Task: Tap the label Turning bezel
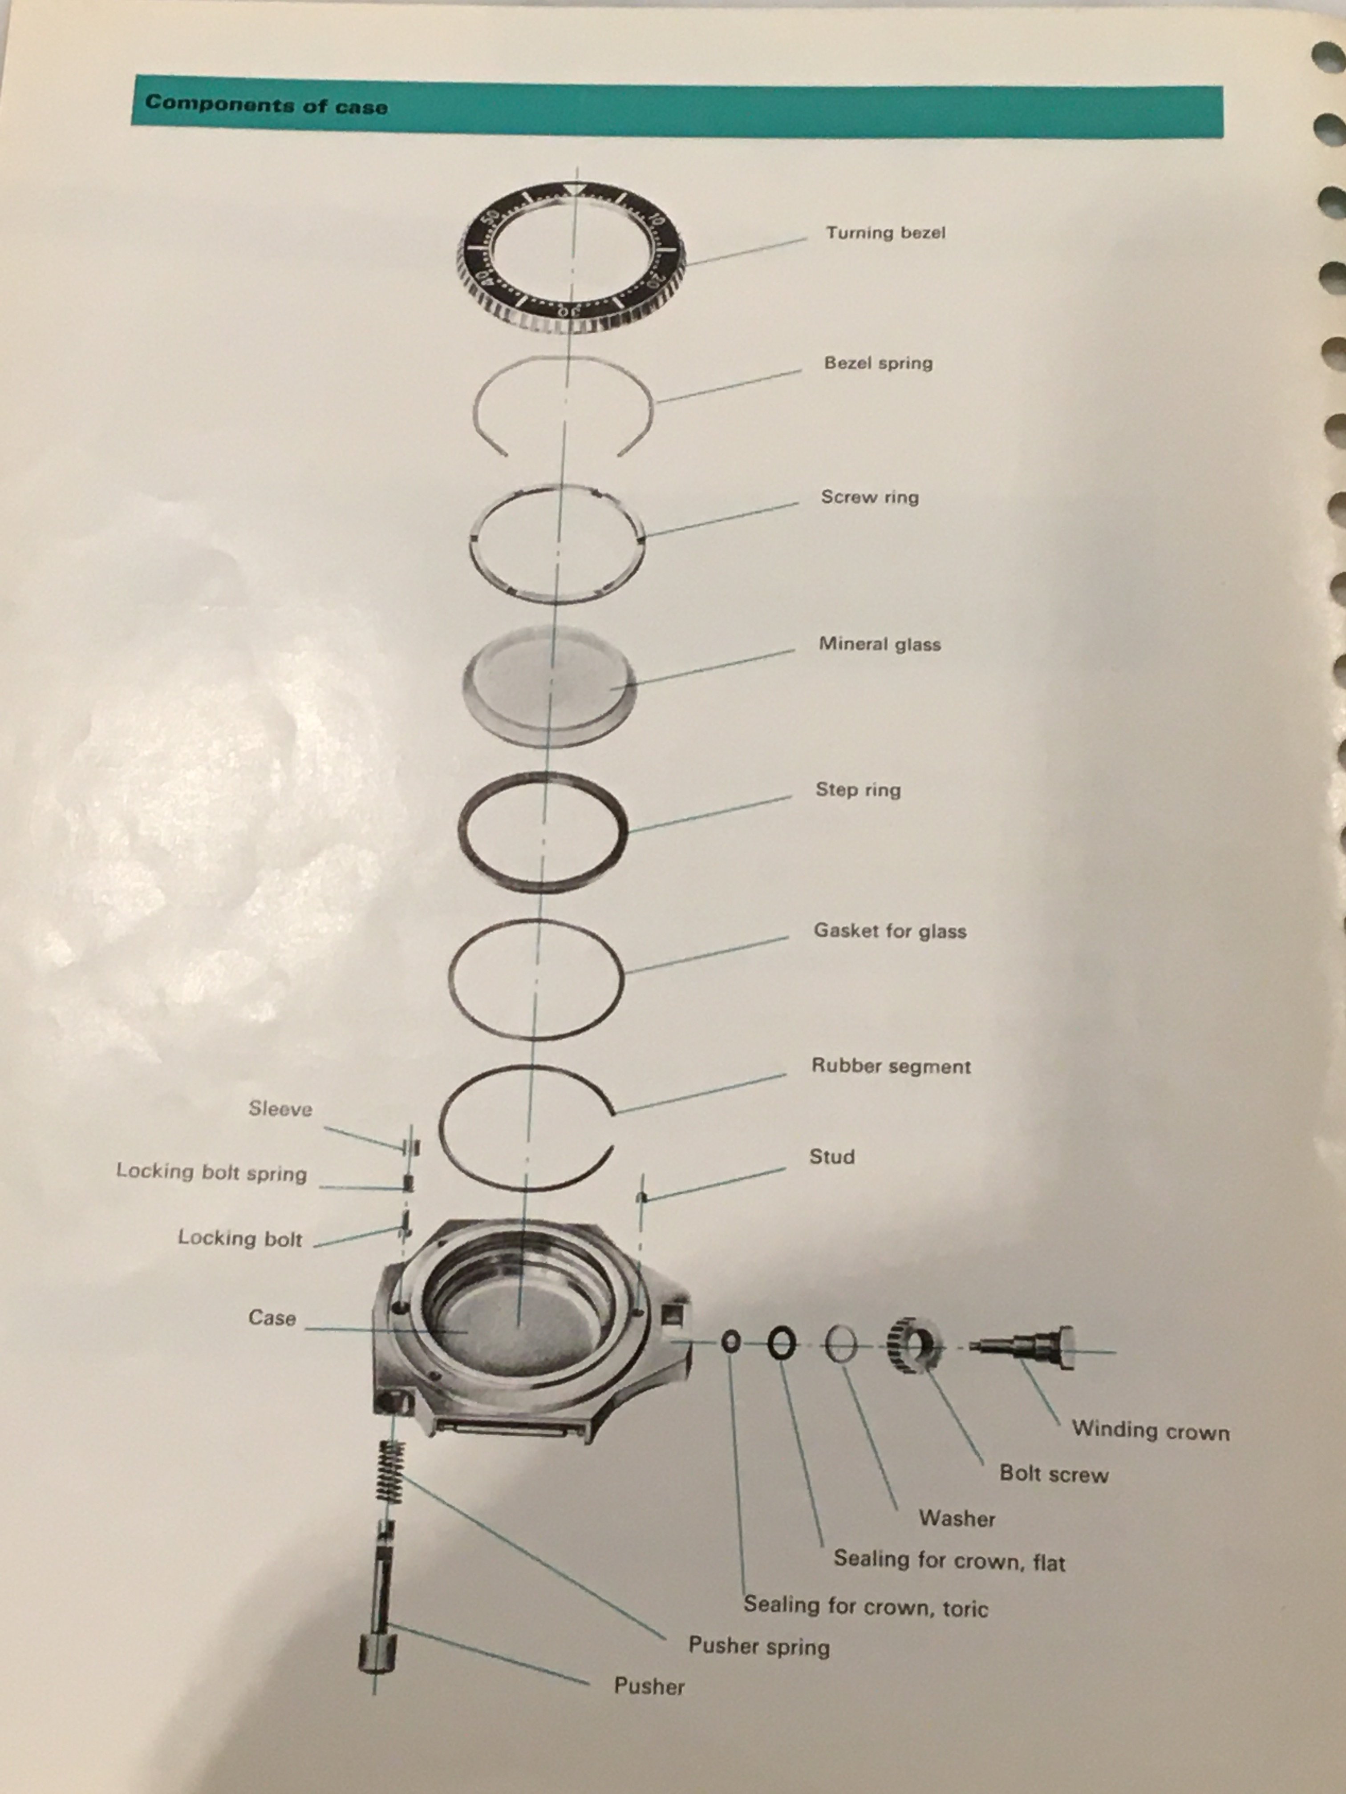pyautogui.click(x=885, y=233)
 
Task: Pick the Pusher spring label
pyautogui.click(x=758, y=1646)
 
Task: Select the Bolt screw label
pyautogui.click(x=1053, y=1474)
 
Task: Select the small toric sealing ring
pyautogui.click(x=731, y=1342)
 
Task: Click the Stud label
pyautogui.click(x=831, y=1156)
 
